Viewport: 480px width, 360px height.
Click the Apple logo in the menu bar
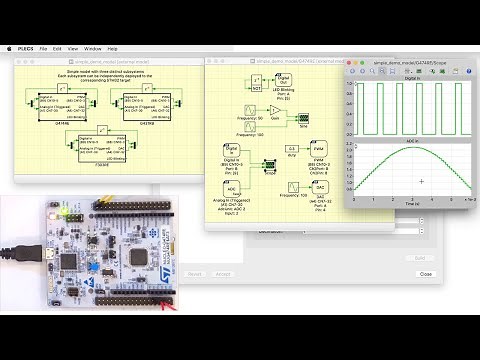(x=8, y=48)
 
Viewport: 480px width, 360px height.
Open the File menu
(x=43, y=48)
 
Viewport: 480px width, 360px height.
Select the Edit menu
(x=57, y=48)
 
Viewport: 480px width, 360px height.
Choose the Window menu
(x=92, y=48)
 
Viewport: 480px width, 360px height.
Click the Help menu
(x=112, y=48)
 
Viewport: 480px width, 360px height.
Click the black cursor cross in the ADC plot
(x=423, y=181)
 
